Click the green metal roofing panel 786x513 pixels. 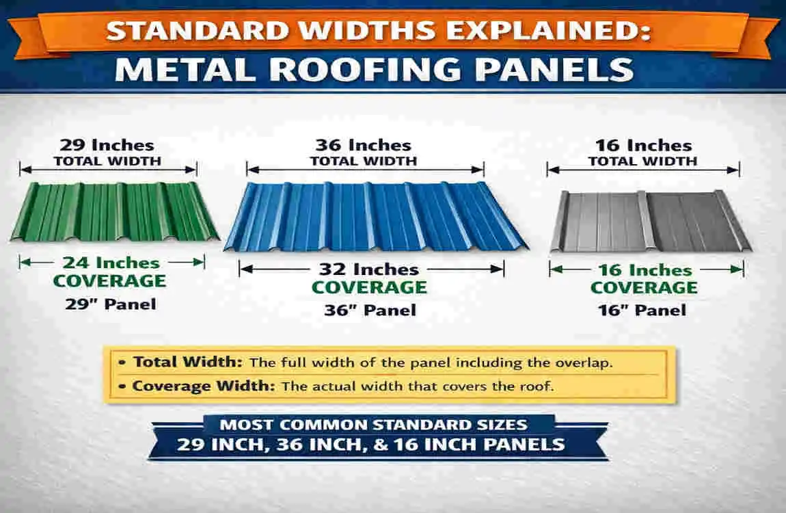pyautogui.click(x=114, y=212)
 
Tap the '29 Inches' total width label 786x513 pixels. pyautogui.click(x=107, y=145)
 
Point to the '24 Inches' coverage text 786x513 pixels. pyautogui.click(x=111, y=263)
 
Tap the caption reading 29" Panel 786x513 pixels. pyautogui.click(x=110, y=304)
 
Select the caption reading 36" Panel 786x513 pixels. pyautogui.click(x=370, y=311)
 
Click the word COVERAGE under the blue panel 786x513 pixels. pyautogui.click(x=370, y=289)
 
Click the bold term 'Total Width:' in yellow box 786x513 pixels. pyautogui.click(x=188, y=363)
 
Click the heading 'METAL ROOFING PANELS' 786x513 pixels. pyautogui.click(x=373, y=70)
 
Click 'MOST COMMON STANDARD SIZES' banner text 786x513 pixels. pyautogui.click(x=373, y=425)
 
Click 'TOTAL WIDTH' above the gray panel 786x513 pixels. pyautogui.click(x=642, y=161)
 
